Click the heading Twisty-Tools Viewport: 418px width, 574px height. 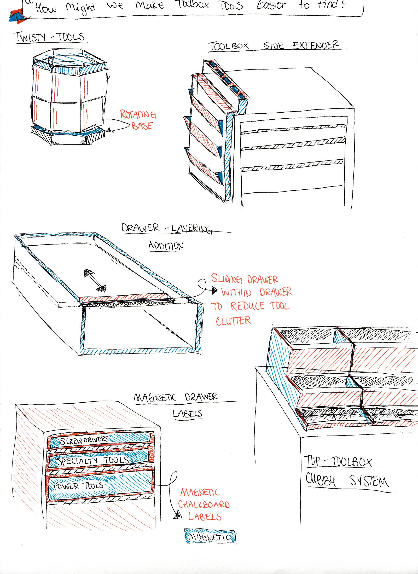[x=50, y=37]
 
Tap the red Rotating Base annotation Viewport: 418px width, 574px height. [x=138, y=120]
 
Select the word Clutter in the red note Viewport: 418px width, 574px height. [x=233, y=321]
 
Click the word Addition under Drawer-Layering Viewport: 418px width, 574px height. [x=166, y=246]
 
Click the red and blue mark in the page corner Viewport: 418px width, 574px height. [x=17, y=16]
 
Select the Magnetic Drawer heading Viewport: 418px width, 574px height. [x=175, y=397]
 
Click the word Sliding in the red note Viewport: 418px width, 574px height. [x=226, y=279]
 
